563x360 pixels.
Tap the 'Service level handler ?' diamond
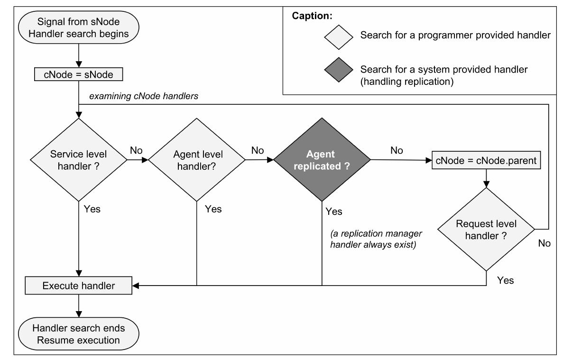click(78, 160)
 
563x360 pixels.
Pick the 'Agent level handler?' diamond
click(196, 160)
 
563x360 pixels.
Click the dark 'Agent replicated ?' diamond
click(322, 160)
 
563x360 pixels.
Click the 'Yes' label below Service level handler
click(92, 209)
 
